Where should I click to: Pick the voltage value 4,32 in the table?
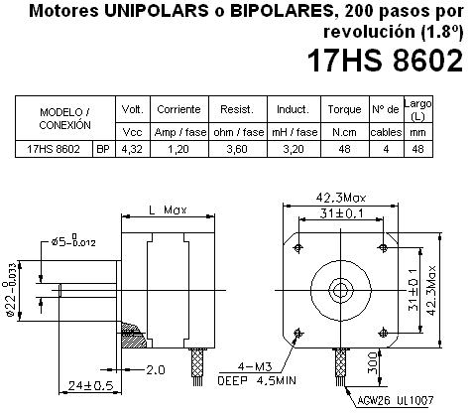click(x=131, y=149)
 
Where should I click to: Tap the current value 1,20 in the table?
click(x=177, y=149)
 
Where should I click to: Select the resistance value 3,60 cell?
click(x=236, y=149)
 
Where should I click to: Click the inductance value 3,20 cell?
click(x=293, y=149)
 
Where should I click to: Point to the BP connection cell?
click(x=102, y=149)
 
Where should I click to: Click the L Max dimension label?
click(x=162, y=211)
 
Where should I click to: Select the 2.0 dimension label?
click(x=154, y=368)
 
